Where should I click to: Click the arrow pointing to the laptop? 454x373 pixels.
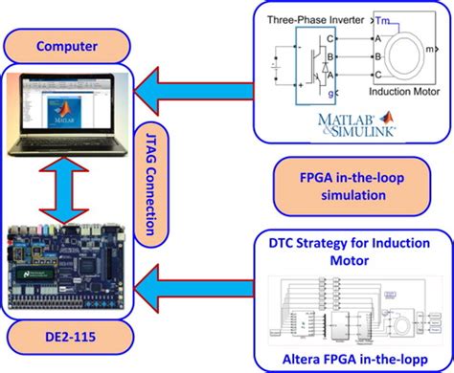coord(196,92)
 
